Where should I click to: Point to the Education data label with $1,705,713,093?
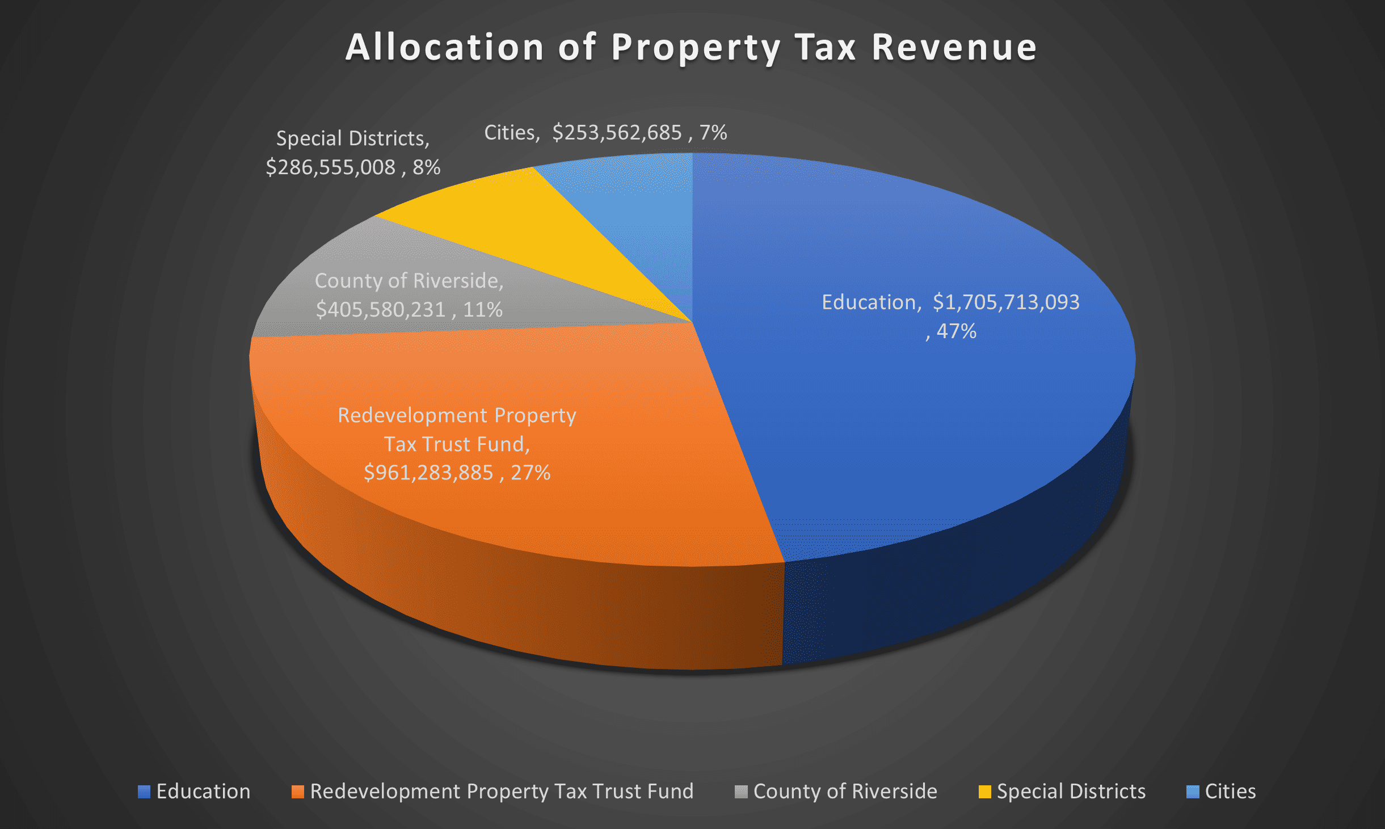(950, 316)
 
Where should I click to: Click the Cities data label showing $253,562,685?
(605, 133)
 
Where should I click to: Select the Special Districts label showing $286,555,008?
(353, 153)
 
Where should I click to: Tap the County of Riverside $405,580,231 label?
(409, 295)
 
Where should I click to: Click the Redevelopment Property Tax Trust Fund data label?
(457, 444)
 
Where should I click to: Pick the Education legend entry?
(194, 792)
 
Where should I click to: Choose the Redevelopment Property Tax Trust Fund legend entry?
(492, 792)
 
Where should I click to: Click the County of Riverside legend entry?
(836, 792)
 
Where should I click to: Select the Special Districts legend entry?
(1062, 792)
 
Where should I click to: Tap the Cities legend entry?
(1221, 792)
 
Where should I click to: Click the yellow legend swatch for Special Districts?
(985, 792)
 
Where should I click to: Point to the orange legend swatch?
(297, 792)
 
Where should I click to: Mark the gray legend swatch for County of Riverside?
(741, 792)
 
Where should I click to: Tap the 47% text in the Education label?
(957, 331)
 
